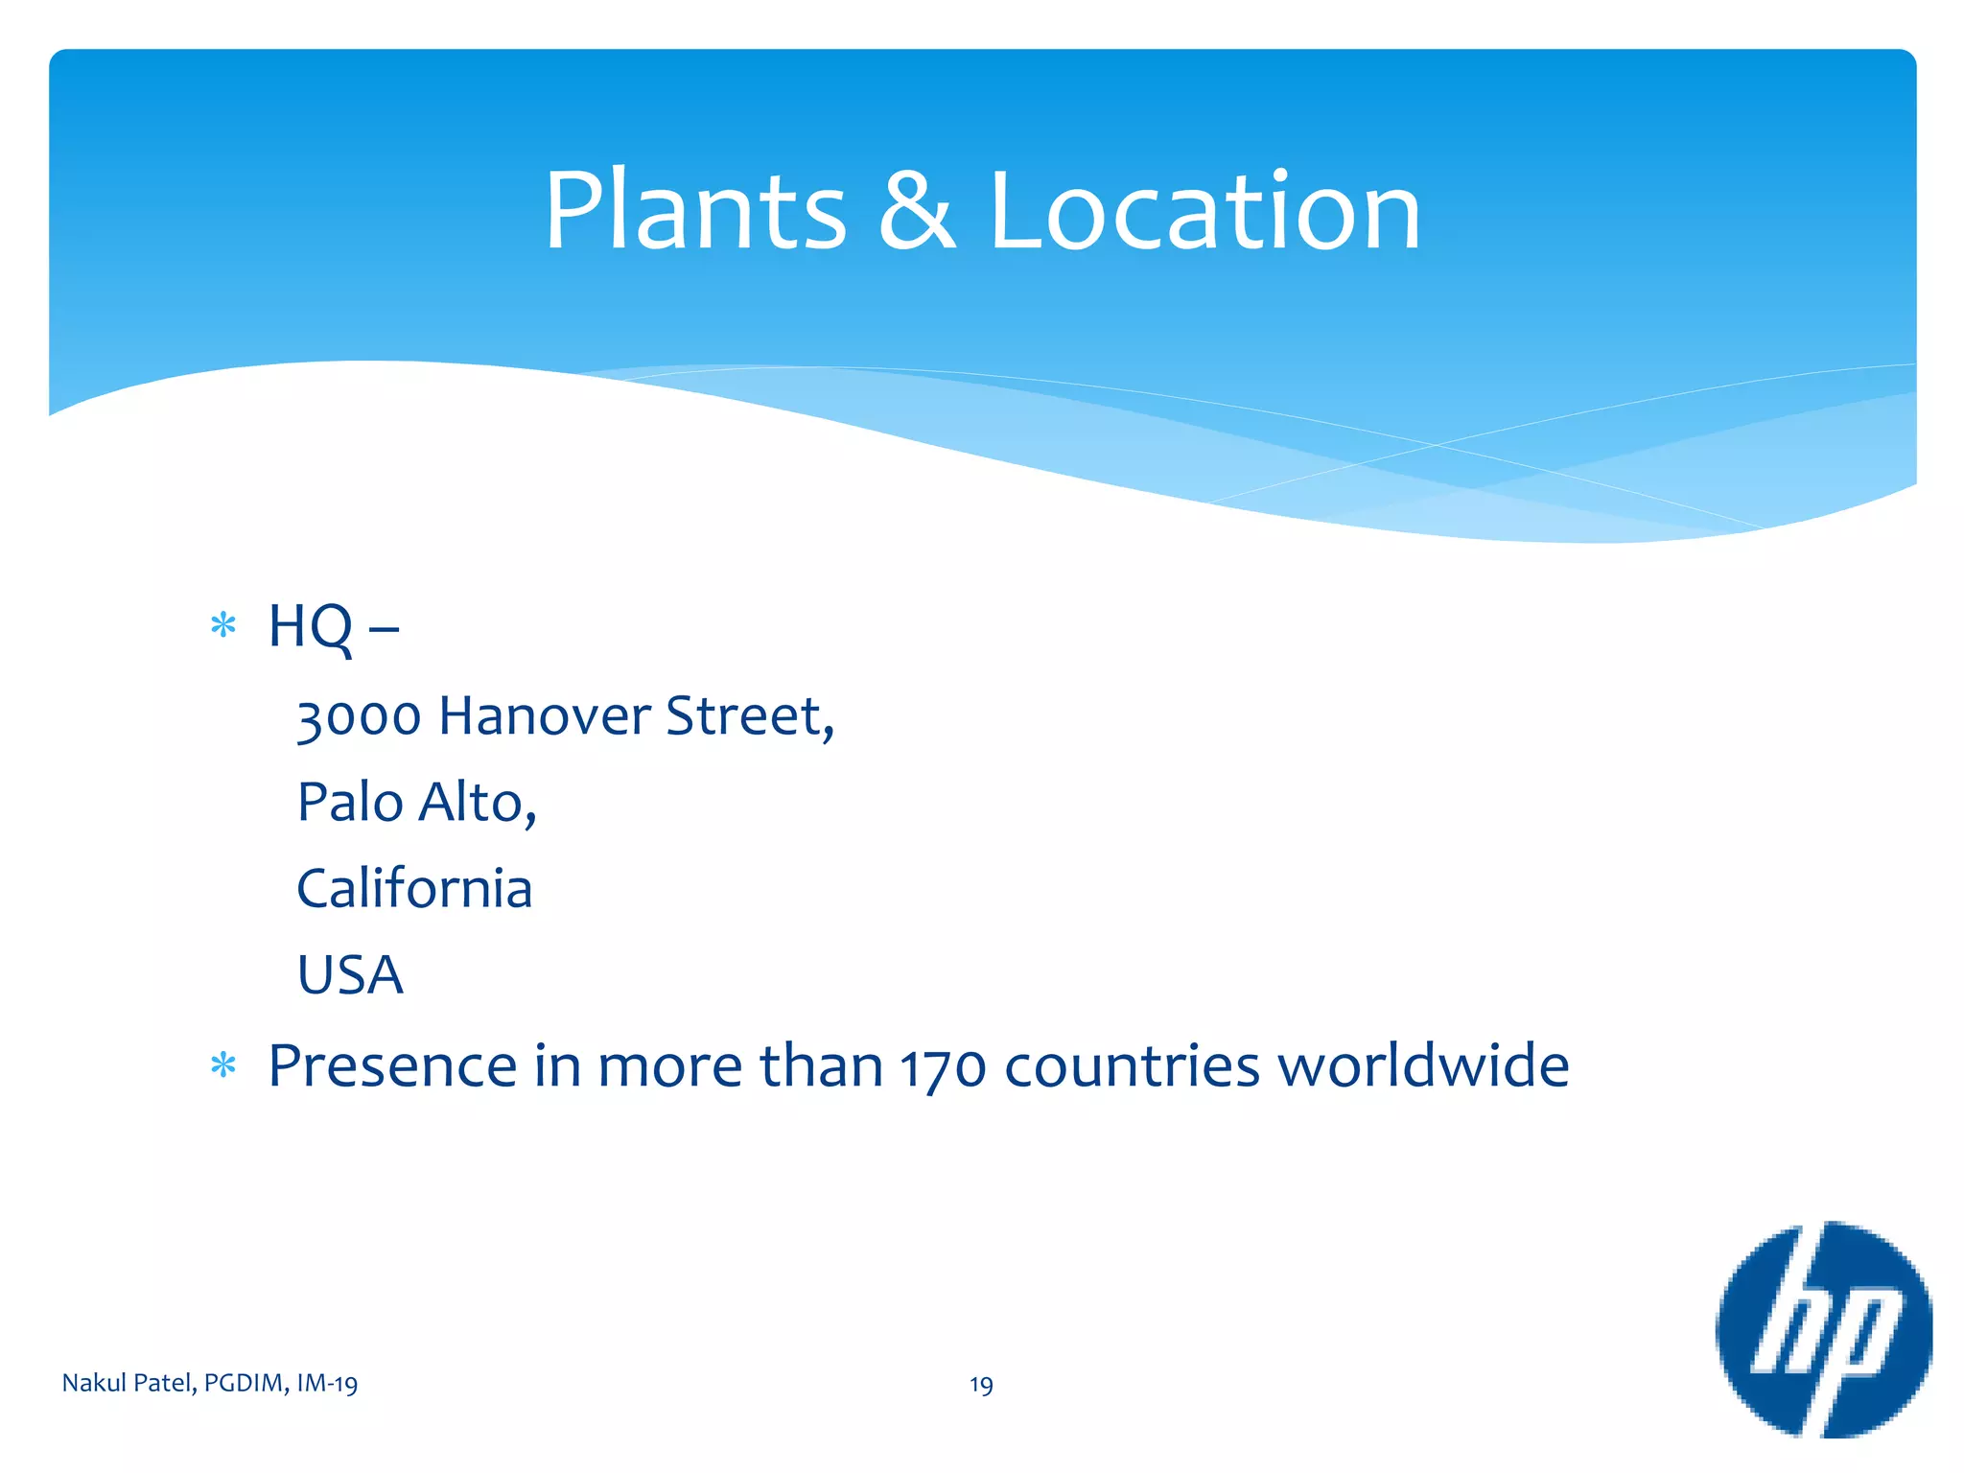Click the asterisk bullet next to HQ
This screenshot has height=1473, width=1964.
pyautogui.click(x=223, y=626)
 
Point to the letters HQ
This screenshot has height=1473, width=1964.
pyautogui.click(x=310, y=626)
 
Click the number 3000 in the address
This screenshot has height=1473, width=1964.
pyautogui.click(x=359, y=717)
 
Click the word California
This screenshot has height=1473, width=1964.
pyautogui.click(x=414, y=888)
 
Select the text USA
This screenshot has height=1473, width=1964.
pyautogui.click(x=350, y=974)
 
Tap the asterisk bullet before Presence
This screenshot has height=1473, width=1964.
pyautogui.click(x=223, y=1065)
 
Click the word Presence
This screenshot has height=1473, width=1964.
pyautogui.click(x=394, y=1065)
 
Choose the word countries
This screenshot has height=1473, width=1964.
pyautogui.click(x=1132, y=1065)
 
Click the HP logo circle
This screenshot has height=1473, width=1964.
pyautogui.click(x=1823, y=1329)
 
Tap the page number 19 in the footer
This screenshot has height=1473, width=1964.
pyautogui.click(x=981, y=1385)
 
